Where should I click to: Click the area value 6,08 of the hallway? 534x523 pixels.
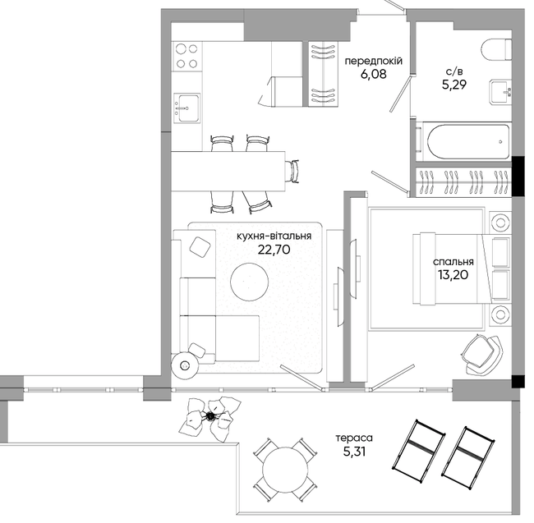pyautogui.click(x=374, y=74)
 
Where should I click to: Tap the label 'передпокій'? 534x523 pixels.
pyautogui.click(x=374, y=61)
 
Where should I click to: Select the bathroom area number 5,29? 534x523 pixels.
pyautogui.click(x=454, y=84)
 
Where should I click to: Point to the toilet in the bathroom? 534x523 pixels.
pyautogui.click(x=497, y=51)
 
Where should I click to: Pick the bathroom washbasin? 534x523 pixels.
pyautogui.click(x=500, y=91)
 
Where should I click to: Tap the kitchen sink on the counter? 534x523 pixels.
pyautogui.click(x=186, y=108)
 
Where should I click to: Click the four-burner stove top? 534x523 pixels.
pyautogui.click(x=186, y=56)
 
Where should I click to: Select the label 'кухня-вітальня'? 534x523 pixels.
pyautogui.click(x=274, y=236)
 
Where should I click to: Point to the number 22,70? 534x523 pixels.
pyautogui.click(x=274, y=250)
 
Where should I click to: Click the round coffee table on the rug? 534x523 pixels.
pyautogui.click(x=249, y=282)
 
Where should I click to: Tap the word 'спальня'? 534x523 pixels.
pyautogui.click(x=453, y=262)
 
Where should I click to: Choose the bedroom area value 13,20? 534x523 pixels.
pyautogui.click(x=453, y=274)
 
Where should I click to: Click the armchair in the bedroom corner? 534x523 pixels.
pyautogui.click(x=481, y=354)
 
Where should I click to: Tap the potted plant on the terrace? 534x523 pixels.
pyautogui.click(x=211, y=418)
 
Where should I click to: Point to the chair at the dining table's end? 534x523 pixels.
pyautogui.click(x=293, y=171)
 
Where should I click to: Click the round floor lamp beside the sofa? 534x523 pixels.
pyautogui.click(x=185, y=365)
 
